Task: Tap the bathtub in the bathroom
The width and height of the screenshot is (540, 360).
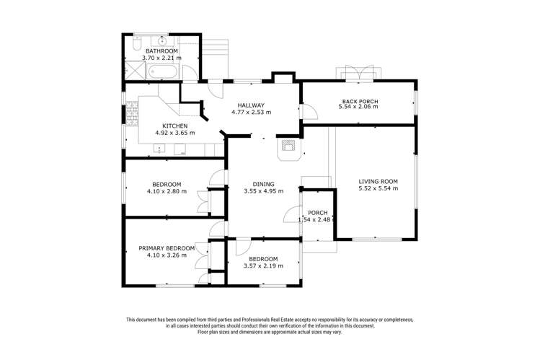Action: [x=163, y=71]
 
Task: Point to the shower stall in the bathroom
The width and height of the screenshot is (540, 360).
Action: [x=135, y=70]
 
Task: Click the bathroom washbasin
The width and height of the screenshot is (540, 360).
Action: [x=162, y=41]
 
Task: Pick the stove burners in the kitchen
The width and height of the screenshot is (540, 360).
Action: [x=132, y=113]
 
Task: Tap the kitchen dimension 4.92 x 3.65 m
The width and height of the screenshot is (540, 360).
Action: [x=175, y=133]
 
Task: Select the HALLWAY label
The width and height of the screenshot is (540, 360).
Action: [x=251, y=105]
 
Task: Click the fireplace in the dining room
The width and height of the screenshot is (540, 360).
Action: [x=288, y=149]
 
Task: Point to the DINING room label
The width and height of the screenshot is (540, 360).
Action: [x=263, y=184]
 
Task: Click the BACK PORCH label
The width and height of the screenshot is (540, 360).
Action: [x=360, y=101]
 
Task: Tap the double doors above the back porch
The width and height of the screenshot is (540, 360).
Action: [x=359, y=73]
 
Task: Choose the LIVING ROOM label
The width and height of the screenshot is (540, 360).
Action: [x=378, y=182]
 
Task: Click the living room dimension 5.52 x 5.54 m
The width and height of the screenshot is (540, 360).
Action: [x=378, y=188]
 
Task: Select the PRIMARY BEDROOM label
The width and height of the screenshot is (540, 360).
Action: [x=167, y=248]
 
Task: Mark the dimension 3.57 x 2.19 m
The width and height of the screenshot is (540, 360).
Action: [x=263, y=266]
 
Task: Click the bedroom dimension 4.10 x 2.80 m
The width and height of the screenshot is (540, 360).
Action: [x=167, y=191]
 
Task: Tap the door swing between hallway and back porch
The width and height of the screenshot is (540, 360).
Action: [x=309, y=111]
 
